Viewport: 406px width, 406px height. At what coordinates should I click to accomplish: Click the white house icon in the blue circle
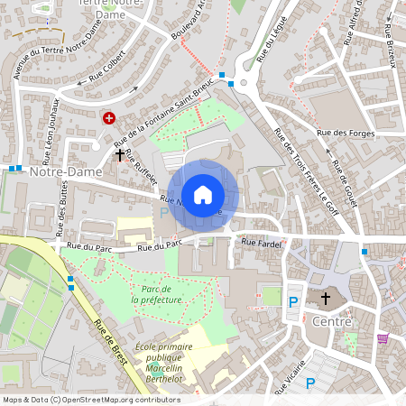[x=203, y=195]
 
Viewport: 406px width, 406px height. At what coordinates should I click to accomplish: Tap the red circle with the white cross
[x=110, y=118]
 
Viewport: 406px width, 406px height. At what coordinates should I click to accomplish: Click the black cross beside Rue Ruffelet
[x=120, y=154]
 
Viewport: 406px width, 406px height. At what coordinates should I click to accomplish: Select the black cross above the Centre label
[x=326, y=298]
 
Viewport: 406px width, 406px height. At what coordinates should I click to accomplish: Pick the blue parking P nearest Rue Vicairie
[x=310, y=383]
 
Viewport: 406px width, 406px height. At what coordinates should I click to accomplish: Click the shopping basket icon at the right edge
[x=383, y=338]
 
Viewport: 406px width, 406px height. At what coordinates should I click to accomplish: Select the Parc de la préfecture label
[x=163, y=294]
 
